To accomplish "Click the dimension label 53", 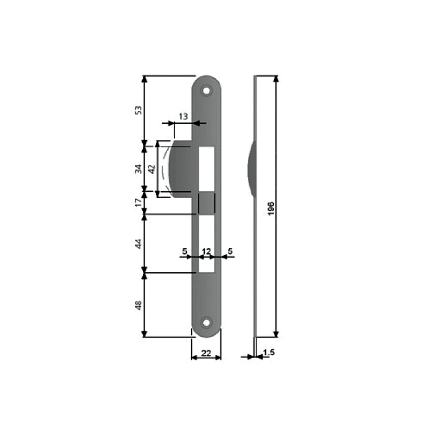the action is point(139,110).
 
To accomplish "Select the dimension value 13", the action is point(183,117).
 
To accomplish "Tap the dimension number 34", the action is point(139,169).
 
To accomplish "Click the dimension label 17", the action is point(139,202).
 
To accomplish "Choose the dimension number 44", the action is point(139,244).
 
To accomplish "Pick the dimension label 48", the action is point(139,305).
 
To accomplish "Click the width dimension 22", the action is point(206,353).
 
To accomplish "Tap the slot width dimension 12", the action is point(206,251).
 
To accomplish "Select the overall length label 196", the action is point(271,208).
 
